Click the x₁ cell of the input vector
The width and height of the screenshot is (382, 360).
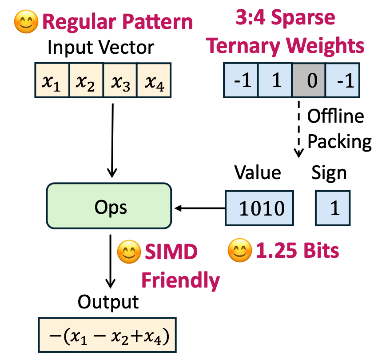(52, 80)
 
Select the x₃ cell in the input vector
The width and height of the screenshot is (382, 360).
(120, 80)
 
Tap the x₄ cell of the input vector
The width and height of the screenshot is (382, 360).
(153, 80)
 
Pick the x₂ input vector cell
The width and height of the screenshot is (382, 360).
(86, 80)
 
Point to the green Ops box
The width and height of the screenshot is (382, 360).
(109, 207)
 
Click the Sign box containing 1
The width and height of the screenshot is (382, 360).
(334, 208)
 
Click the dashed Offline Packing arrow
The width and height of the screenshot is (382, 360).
(299, 129)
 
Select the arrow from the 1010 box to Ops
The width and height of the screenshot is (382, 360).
(200, 208)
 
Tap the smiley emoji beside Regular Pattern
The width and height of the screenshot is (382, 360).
(25, 22)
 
